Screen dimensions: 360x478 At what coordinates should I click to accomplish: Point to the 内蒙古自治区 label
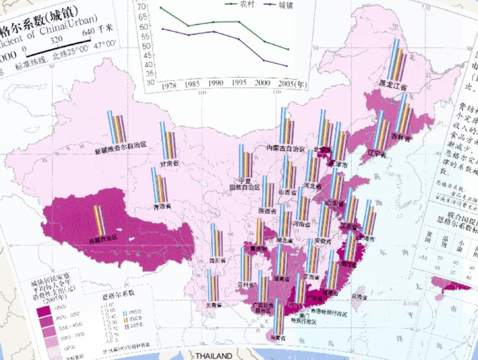(x=285, y=149)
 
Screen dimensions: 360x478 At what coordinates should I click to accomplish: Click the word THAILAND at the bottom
(x=213, y=356)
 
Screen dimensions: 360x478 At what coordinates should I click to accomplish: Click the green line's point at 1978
(x=161, y=8)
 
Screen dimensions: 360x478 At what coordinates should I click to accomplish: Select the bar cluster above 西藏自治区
(x=100, y=219)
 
